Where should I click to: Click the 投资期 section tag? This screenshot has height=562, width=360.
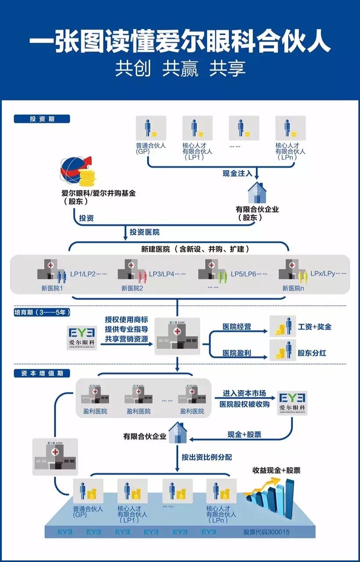pyautogui.click(x=42, y=119)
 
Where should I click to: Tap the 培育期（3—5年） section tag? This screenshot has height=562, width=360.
pyautogui.click(x=42, y=312)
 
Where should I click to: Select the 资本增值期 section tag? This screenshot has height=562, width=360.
pyautogui.click(x=42, y=373)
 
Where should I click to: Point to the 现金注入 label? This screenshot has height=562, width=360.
pyautogui.click(x=237, y=173)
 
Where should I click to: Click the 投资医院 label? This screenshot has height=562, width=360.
pyautogui.click(x=144, y=232)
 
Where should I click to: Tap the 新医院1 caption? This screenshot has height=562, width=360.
pyautogui.click(x=52, y=288)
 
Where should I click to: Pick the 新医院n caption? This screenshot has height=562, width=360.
pyautogui.click(x=293, y=288)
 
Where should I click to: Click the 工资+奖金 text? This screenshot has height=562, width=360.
pyautogui.click(x=314, y=327)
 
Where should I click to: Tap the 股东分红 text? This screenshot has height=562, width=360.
pyautogui.click(x=312, y=353)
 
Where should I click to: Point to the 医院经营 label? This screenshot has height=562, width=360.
pyautogui.click(x=237, y=327)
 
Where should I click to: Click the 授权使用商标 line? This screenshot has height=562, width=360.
pyautogui.click(x=126, y=319)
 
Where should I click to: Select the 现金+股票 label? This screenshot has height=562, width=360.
pyautogui.click(x=244, y=435)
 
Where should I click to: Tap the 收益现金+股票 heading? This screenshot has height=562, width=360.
pyautogui.click(x=276, y=470)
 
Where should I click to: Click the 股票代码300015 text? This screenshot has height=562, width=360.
pyautogui.click(x=266, y=532)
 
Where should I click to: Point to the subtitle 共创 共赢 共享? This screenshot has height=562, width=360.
pyautogui.click(x=180, y=68)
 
